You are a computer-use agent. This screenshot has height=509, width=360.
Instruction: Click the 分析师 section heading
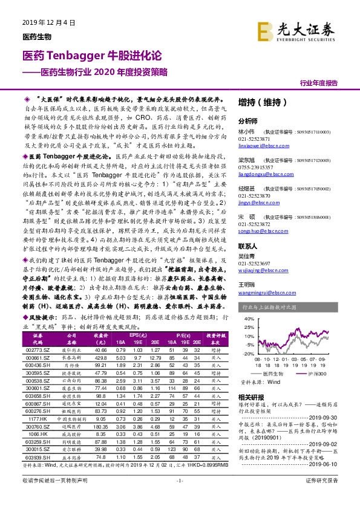pyautogui.click(x=248, y=120)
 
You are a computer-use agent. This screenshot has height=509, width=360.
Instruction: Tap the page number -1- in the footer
pyautogui.click(x=180, y=497)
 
